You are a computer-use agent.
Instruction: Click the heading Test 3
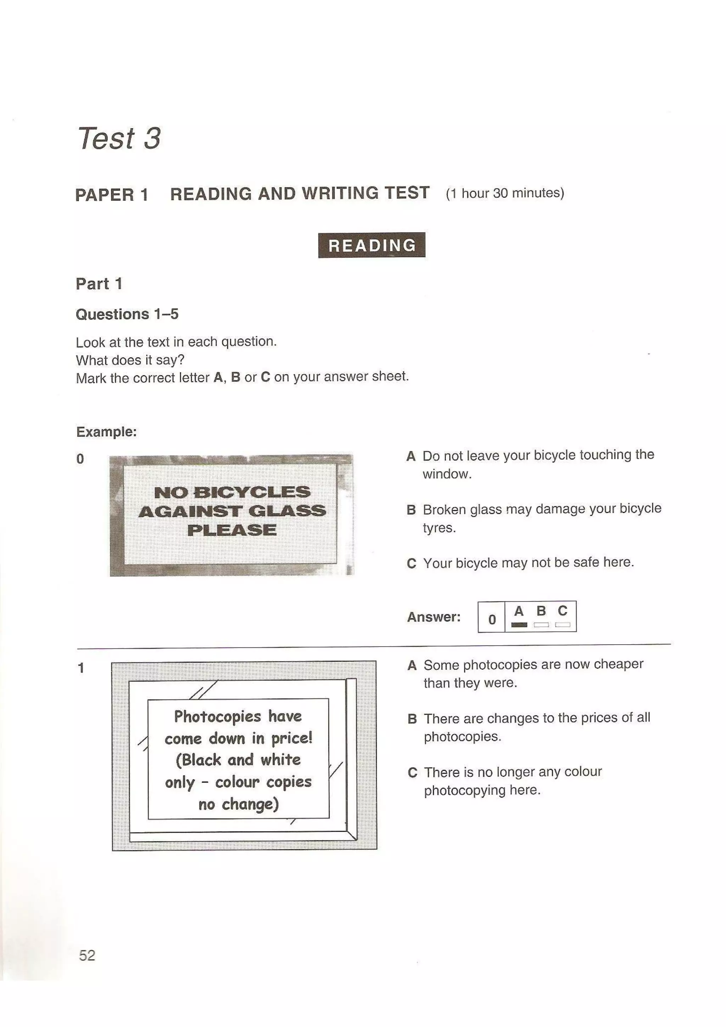click(x=119, y=138)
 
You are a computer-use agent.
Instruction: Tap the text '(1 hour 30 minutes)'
click(x=504, y=193)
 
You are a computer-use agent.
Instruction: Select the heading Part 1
click(x=99, y=284)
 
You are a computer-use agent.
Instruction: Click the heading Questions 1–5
click(x=127, y=314)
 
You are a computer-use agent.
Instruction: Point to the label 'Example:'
click(x=106, y=432)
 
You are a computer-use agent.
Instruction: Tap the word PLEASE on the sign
click(x=232, y=530)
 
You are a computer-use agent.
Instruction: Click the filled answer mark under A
click(x=519, y=625)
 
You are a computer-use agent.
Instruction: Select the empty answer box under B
click(x=541, y=625)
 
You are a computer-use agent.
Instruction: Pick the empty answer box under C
click(x=562, y=625)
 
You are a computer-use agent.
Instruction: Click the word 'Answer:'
click(x=434, y=617)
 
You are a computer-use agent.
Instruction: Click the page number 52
click(x=87, y=955)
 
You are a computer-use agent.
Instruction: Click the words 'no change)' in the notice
click(x=239, y=804)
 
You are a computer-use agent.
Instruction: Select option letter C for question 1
click(x=412, y=773)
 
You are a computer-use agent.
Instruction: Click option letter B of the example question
click(x=411, y=510)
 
